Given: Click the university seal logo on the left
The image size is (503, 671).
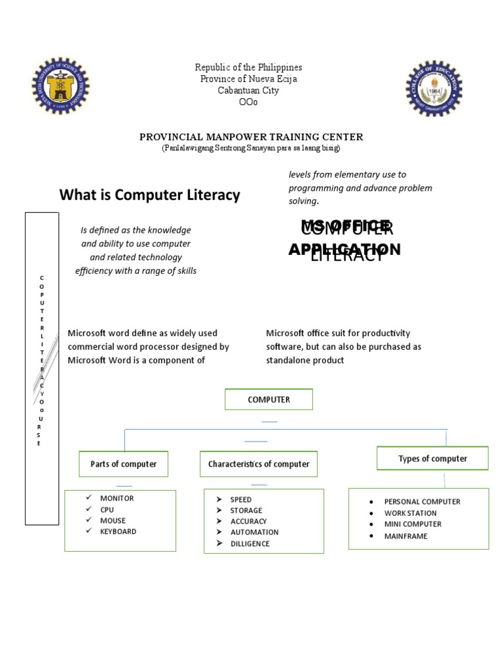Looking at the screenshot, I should tap(61, 85).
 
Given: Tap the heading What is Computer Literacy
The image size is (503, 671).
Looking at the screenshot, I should tap(150, 195).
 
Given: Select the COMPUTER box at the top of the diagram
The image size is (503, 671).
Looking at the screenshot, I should tap(269, 399).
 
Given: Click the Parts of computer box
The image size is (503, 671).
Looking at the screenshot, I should tap(123, 464).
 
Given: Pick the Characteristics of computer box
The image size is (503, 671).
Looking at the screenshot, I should tap(259, 464).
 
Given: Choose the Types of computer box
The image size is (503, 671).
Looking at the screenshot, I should tap(432, 459).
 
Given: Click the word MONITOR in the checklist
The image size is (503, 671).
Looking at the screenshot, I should tap(117, 498).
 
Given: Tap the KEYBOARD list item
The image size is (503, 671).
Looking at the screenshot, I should tap(118, 531).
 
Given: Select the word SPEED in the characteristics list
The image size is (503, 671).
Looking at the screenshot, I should tap(240, 499).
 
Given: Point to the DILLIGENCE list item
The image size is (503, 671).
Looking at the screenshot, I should tap(250, 544).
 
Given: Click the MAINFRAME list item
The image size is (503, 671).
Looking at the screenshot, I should tap(405, 536).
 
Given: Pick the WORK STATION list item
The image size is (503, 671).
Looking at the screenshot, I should tap(410, 513).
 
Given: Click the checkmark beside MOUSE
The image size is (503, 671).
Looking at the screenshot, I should tap(88, 520).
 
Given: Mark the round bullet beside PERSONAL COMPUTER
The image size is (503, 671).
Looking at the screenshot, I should tap(371, 503).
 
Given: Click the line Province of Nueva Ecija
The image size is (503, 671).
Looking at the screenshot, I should tap(248, 79).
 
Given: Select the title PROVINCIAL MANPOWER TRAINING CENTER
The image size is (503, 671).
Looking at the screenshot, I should tap(251, 137).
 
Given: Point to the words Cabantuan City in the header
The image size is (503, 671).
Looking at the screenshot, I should tap(248, 90).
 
